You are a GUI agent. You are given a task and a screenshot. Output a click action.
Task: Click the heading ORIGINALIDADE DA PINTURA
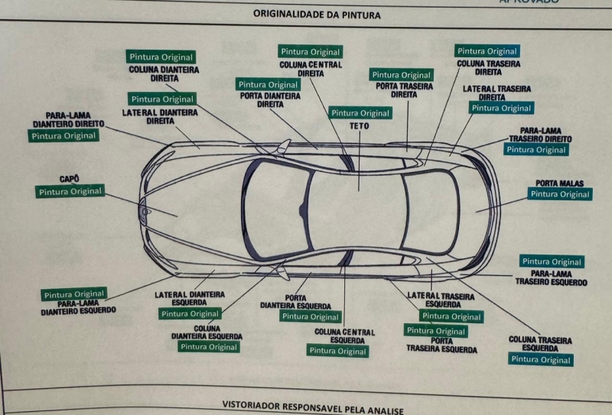coord(316,14)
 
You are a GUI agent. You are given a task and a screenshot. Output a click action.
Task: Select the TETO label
coord(360,125)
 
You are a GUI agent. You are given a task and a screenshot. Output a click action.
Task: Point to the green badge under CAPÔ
coord(70,191)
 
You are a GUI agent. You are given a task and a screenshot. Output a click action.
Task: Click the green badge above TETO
coord(360,113)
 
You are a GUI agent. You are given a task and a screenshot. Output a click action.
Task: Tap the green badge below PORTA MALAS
coord(561,194)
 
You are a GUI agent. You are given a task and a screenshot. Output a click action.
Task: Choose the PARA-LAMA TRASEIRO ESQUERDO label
coord(551,277)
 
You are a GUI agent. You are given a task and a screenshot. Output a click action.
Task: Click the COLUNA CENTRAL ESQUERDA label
coord(344,336)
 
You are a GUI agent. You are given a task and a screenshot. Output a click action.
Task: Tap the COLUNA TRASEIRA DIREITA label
coord(488,68)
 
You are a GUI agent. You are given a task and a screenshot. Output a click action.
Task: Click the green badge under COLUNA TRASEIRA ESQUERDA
coord(541,359)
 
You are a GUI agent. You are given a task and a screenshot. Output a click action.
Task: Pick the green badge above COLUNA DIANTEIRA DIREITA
coord(161,57)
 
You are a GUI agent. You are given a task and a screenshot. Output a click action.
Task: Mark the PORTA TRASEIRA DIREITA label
coord(403,90)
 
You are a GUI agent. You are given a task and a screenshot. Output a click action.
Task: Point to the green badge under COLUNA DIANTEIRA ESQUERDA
coord(208,346)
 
